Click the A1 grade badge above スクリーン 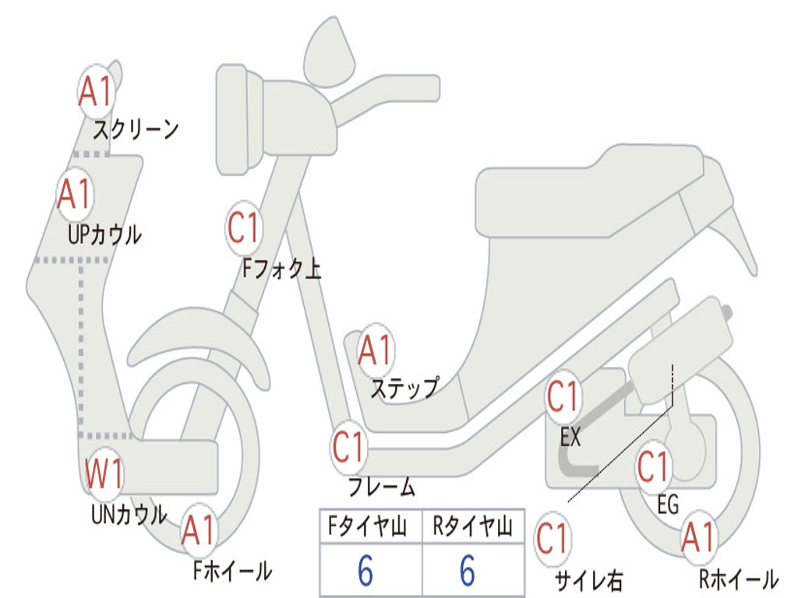pos(97,92)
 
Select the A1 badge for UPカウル pos(75,195)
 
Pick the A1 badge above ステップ pos(376,352)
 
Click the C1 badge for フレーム pos(348,448)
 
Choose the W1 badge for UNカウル pos(104,474)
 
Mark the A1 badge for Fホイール pos(198,532)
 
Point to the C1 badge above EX pos(563,398)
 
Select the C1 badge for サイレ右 pos(553,539)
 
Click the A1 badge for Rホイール pos(697,537)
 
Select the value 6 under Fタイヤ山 pos(365,571)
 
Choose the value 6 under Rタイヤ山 pos(468,571)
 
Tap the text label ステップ pos(404,388)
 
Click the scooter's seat pos(592,191)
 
